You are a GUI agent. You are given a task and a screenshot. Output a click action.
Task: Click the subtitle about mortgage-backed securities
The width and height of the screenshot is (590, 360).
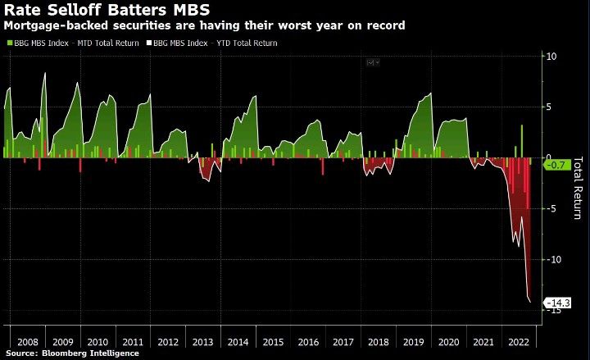205,25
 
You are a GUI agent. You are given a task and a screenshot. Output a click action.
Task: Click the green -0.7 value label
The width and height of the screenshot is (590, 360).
556,165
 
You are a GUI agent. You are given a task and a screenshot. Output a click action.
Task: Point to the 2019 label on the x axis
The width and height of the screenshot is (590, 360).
412,341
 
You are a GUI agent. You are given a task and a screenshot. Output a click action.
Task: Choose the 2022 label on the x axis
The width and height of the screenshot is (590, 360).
517,341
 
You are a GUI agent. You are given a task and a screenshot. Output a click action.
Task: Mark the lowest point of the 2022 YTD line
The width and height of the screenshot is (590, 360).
530,302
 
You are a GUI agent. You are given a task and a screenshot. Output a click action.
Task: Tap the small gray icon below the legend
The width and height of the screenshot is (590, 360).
373,62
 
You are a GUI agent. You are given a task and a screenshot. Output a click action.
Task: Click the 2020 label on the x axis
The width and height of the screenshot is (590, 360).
447,341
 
